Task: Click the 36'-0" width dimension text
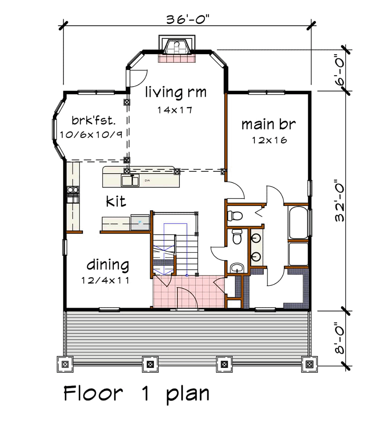tap(188, 20)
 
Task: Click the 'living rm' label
tap(176, 92)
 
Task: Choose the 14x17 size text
tap(175, 110)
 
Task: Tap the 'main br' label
tap(269, 124)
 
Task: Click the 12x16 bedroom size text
tap(269, 140)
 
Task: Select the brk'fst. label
tap(94, 121)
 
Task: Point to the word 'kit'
tap(116, 201)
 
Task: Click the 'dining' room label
tap(108, 265)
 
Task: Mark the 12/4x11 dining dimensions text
tap(105, 281)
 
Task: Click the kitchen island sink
tap(130, 180)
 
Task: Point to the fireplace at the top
tap(177, 48)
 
